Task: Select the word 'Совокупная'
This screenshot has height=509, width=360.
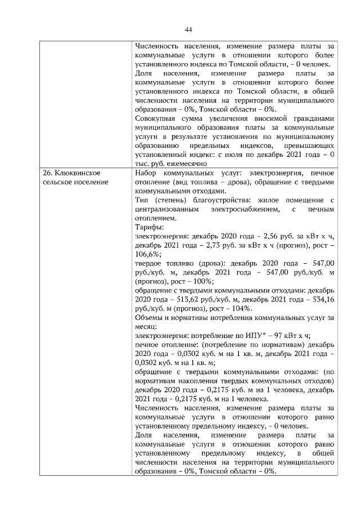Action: pyautogui.click(x=159, y=118)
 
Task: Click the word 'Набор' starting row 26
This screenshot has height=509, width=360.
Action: pyautogui.click(x=147, y=173)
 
